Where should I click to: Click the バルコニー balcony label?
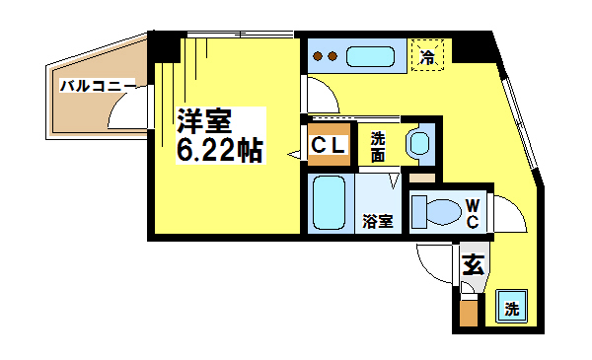pos(98,86)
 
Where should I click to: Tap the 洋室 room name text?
pos(204,120)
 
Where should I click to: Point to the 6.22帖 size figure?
pos(220,150)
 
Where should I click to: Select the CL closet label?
pos(329,145)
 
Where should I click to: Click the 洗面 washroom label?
pos(377,147)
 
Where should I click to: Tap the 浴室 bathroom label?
pos(378,221)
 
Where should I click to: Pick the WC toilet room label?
pos(473,214)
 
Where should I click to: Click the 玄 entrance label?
pos(473,264)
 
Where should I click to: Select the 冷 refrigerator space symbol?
pos(428,55)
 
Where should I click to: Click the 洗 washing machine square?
pos(511,306)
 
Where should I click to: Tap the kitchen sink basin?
pos(370,56)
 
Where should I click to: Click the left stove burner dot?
pos(318,56)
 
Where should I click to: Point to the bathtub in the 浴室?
pos(329,203)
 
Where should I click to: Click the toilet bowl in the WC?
pos(443,212)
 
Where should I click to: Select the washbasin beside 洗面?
pos(419,143)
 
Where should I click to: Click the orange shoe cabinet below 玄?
pos(469,312)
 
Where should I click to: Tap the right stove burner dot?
pos(333,56)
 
